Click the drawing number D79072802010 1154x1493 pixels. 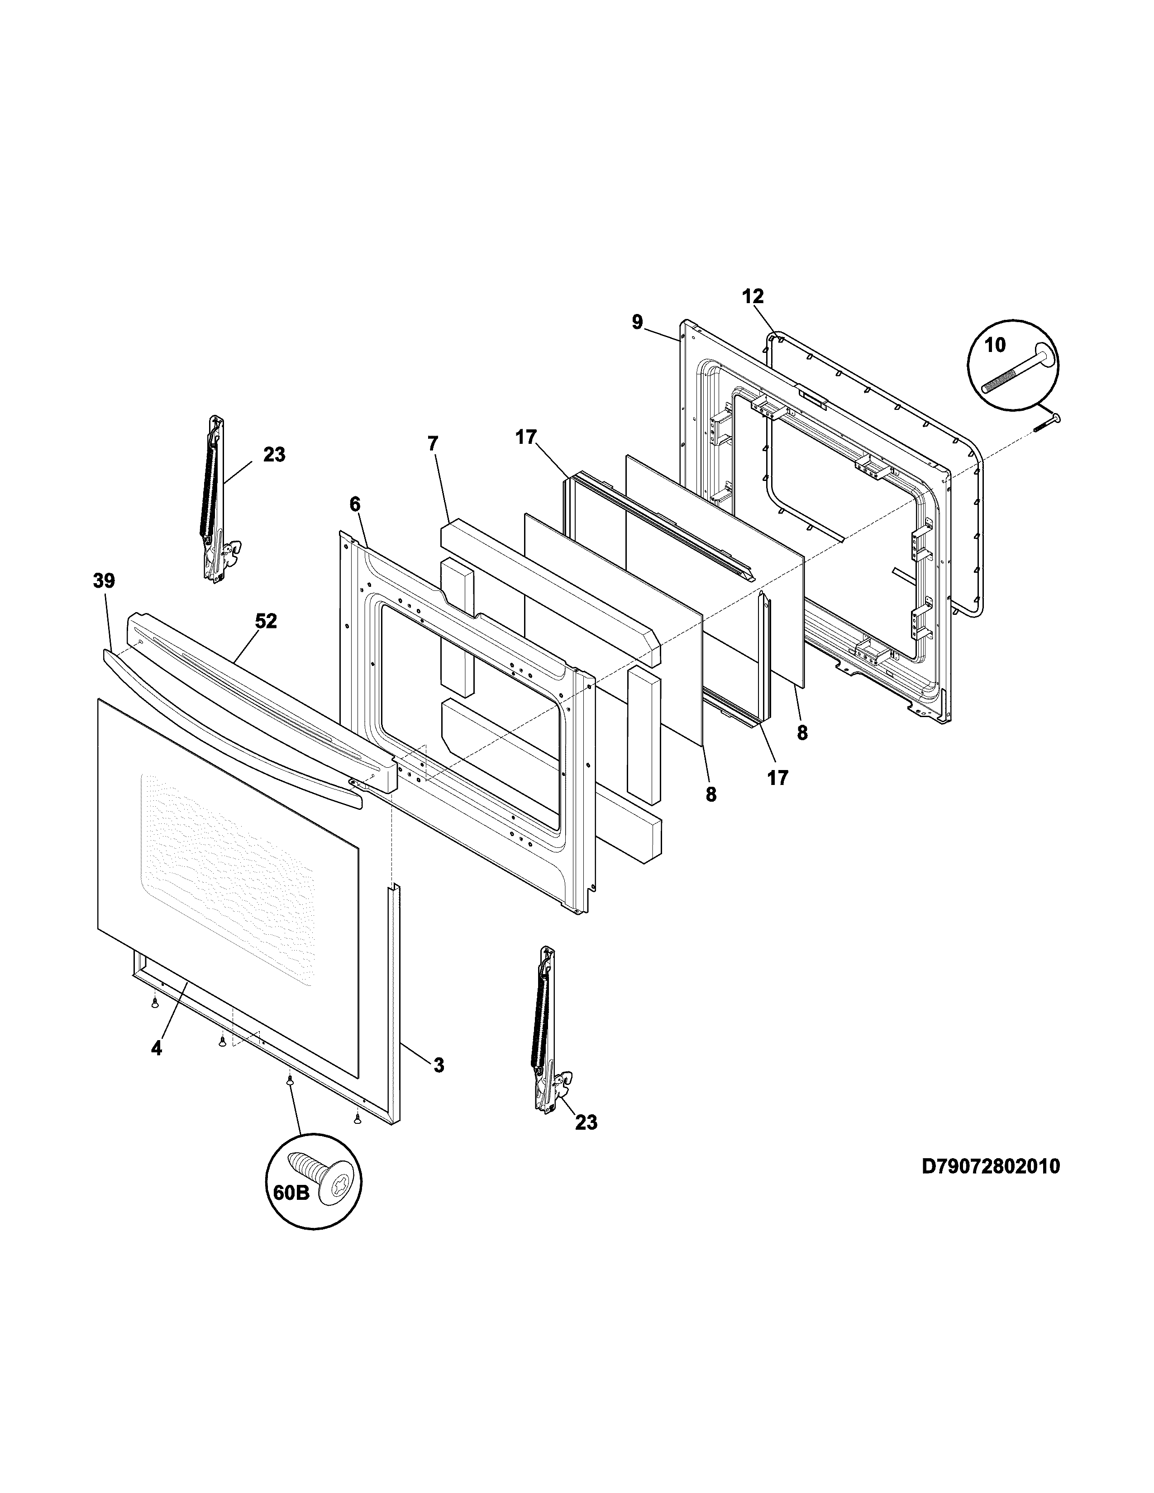pyautogui.click(x=991, y=1165)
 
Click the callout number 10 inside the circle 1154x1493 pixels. pyautogui.click(x=995, y=345)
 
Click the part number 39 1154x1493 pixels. pyautogui.click(x=104, y=581)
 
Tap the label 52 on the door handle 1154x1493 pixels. pyautogui.click(x=266, y=621)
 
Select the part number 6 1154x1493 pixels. pyautogui.click(x=354, y=504)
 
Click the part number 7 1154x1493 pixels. pyautogui.click(x=432, y=443)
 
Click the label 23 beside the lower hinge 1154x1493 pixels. pyautogui.click(x=586, y=1122)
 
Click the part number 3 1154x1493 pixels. pyautogui.click(x=438, y=1065)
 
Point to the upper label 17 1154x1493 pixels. pyautogui.click(x=526, y=437)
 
